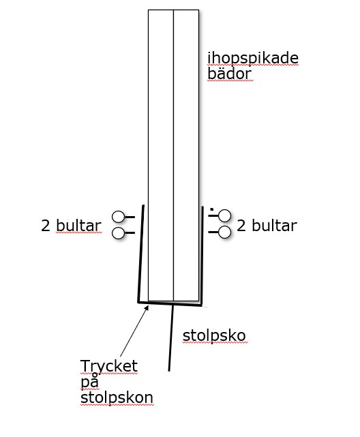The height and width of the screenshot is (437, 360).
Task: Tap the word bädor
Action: tap(230, 74)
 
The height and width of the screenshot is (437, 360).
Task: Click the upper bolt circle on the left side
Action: tap(118, 217)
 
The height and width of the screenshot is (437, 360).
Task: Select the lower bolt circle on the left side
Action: tap(118, 233)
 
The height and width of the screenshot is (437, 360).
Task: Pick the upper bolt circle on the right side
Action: tap(224, 215)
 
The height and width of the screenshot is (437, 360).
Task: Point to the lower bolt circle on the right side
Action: tap(224, 232)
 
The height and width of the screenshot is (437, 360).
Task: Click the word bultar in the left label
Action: tap(78, 226)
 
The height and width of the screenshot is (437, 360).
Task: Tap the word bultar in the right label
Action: tap(275, 226)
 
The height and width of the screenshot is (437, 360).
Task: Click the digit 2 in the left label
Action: tap(46, 226)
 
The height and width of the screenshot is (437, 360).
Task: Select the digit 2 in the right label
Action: tap(241, 226)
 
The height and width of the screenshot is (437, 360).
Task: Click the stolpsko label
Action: tap(214, 335)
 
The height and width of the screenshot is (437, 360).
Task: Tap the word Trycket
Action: tap(109, 366)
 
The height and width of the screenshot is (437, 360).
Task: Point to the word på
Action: tap(90, 381)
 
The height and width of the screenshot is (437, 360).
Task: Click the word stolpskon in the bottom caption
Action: tap(117, 397)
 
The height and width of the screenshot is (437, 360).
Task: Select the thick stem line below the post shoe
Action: tap(171, 338)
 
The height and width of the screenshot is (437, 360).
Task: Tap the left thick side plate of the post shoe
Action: tap(141, 254)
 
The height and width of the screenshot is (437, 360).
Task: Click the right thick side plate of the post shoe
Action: tap(202, 256)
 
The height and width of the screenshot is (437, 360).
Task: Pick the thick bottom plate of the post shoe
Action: tap(170, 303)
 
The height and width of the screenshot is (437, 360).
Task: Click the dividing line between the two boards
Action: tap(174, 155)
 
